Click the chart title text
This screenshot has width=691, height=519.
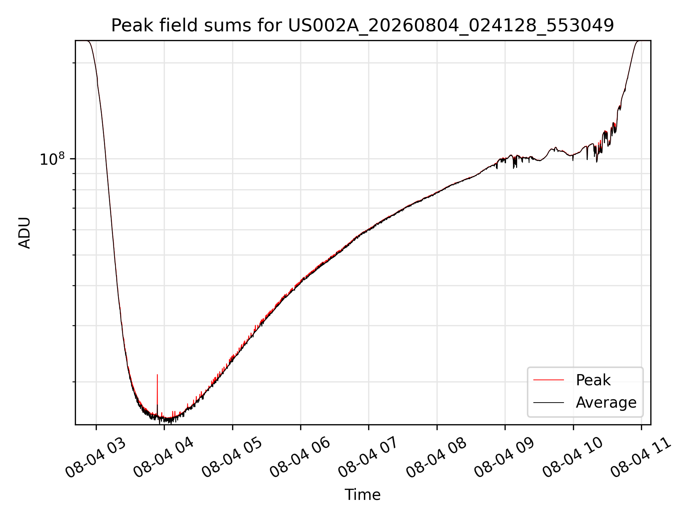pos(362,26)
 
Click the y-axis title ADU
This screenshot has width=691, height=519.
pos(24,233)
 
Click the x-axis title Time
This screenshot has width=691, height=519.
pos(362,495)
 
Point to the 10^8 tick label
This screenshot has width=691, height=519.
pos(52,159)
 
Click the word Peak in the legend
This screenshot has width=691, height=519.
pos(593,380)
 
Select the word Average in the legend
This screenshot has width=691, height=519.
pos(606,402)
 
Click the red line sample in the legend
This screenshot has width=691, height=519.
pos(548,380)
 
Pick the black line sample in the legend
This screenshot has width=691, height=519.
pos(548,402)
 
